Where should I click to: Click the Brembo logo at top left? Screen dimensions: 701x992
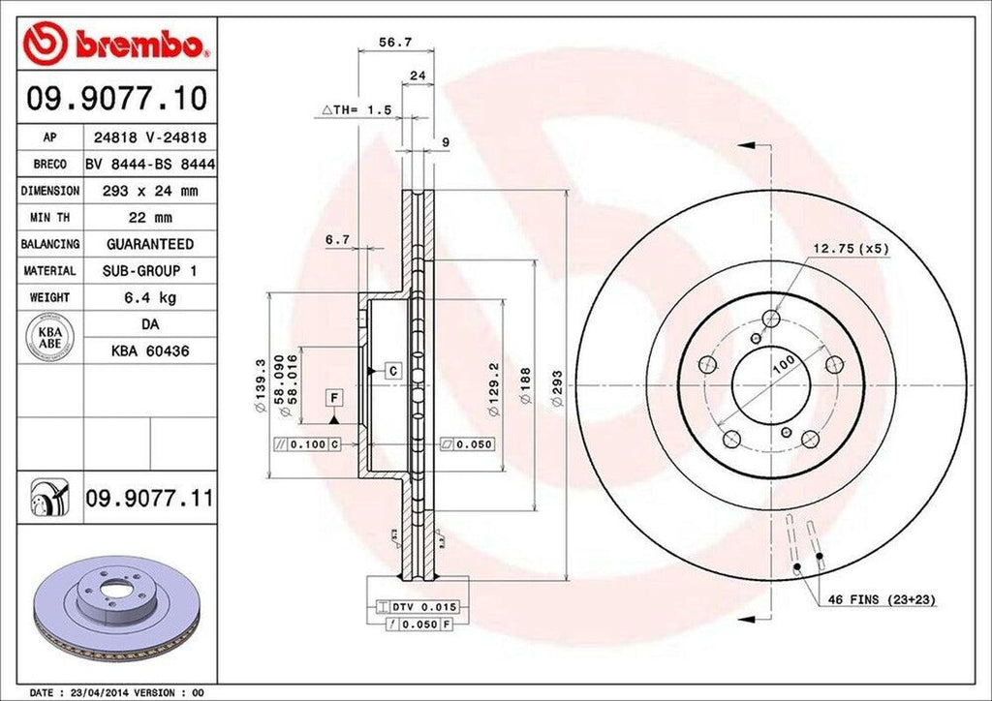coord(113,43)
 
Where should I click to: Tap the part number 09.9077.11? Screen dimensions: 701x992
coord(148,499)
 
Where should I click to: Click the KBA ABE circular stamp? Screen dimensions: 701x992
coord(49,337)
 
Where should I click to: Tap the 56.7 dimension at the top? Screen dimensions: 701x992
coord(372,43)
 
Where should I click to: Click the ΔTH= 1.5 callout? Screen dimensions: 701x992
coord(356,110)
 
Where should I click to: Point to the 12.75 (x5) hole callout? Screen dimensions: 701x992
coord(851,249)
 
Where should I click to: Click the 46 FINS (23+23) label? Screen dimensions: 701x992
coord(881,600)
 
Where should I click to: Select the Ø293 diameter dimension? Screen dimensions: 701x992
coord(558,393)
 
